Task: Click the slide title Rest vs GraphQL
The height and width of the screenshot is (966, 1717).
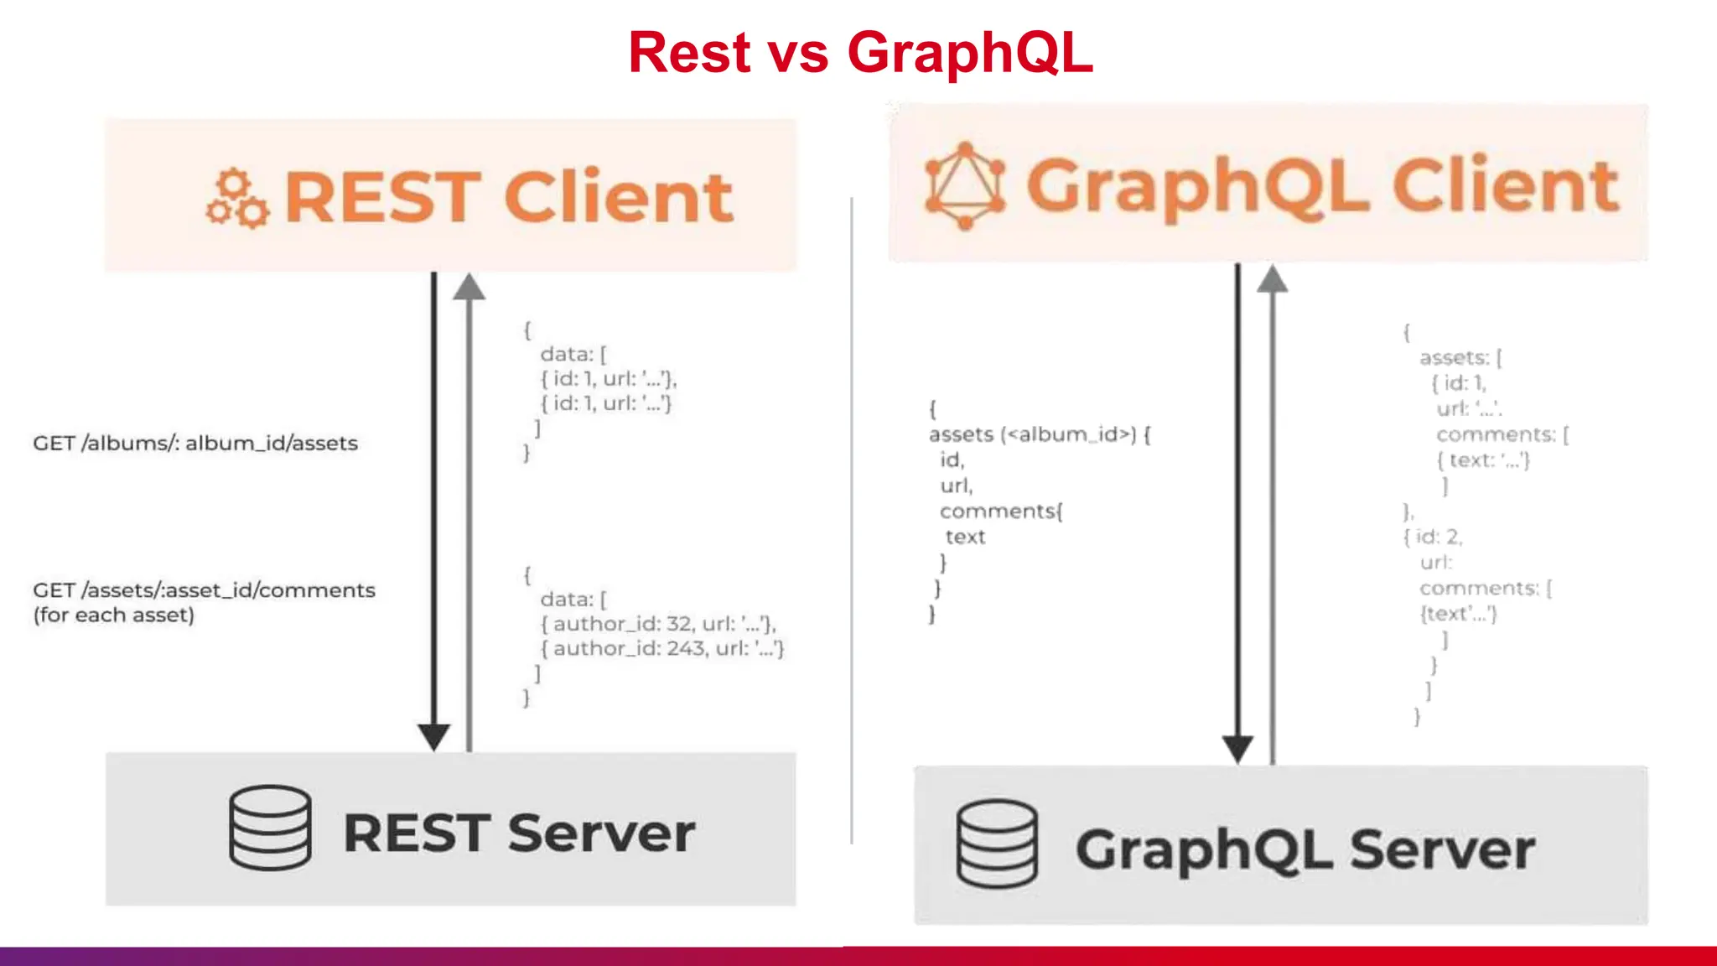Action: point(860,52)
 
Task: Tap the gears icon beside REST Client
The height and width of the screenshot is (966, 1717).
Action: point(237,199)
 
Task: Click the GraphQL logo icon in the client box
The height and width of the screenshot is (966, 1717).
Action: point(964,185)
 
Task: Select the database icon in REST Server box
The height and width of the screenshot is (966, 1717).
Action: point(270,828)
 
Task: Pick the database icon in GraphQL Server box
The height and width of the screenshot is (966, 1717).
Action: point(997,844)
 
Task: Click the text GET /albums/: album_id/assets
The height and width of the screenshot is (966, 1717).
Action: point(195,443)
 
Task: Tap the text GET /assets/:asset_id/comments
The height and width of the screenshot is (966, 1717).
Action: point(204,590)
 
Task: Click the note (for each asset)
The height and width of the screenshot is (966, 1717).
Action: point(114,615)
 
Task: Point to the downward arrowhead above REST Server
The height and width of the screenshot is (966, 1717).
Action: point(434,737)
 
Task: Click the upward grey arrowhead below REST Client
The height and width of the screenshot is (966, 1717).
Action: point(469,288)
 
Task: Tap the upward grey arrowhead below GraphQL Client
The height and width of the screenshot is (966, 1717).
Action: point(1272,279)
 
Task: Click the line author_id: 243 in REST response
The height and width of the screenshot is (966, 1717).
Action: point(662,648)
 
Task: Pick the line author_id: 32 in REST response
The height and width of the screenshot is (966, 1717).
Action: point(658,624)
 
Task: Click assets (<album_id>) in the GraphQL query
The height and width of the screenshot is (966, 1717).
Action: point(1040,434)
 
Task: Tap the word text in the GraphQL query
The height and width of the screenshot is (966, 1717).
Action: point(965,537)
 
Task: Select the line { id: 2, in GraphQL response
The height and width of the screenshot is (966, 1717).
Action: point(1434,537)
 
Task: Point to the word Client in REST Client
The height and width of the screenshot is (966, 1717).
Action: point(619,197)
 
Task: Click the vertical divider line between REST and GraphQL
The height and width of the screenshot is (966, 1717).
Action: point(852,520)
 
